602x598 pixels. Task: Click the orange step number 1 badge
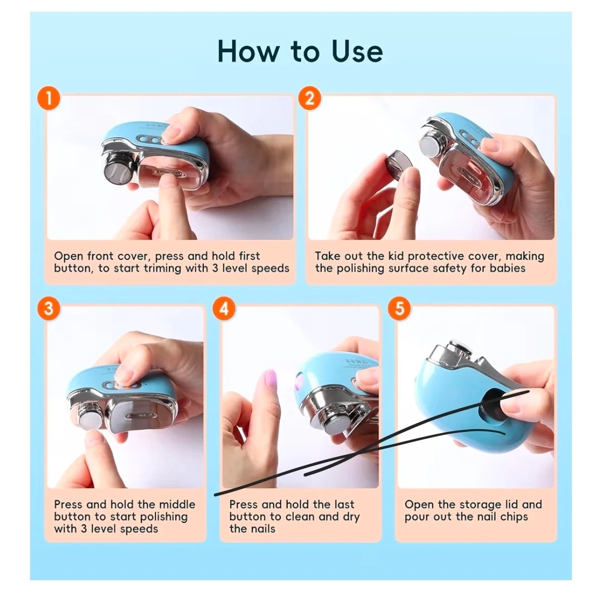point(48,98)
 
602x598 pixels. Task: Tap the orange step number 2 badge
point(309,98)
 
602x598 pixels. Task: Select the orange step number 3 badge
point(48,308)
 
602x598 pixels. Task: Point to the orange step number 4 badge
point(224,308)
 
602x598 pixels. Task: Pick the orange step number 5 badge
point(399,308)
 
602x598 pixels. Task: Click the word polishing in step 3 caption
point(164,517)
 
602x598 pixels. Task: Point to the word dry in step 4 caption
point(351,517)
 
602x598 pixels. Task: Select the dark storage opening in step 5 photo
point(493,407)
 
